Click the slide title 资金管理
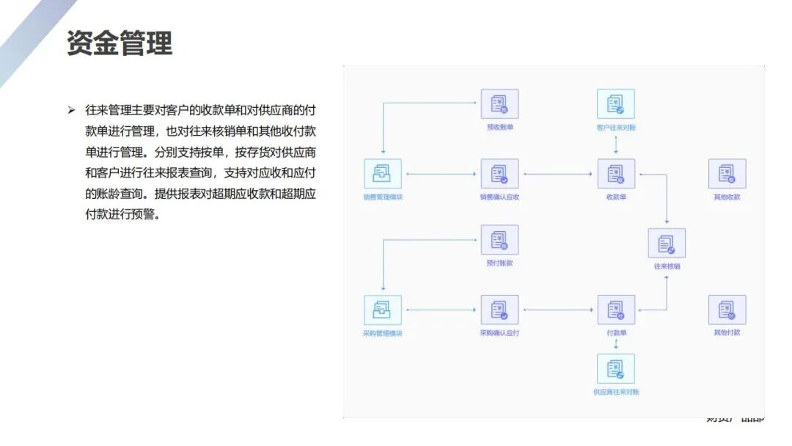120,43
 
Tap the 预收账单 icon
499,104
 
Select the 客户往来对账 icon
616,104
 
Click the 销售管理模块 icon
383,174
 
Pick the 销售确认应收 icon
499,174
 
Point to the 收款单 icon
616,174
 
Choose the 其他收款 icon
727,174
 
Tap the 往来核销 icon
667,244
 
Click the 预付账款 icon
499,240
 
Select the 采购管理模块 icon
383,310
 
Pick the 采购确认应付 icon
499,310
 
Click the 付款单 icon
616,310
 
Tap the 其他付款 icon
727,310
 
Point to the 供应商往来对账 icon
616,369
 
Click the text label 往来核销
667,266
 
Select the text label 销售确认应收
499,197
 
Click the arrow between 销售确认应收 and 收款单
558,175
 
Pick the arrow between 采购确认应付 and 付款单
558,310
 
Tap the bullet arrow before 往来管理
71,110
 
